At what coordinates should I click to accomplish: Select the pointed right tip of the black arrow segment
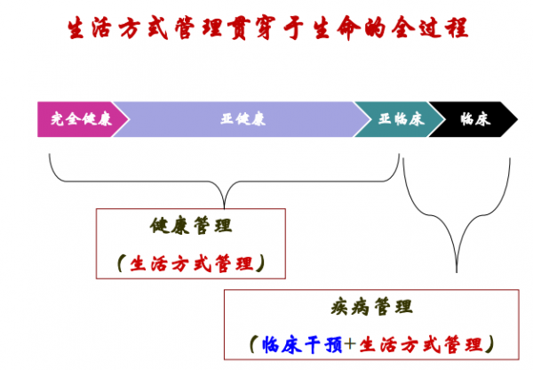(x=518, y=119)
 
